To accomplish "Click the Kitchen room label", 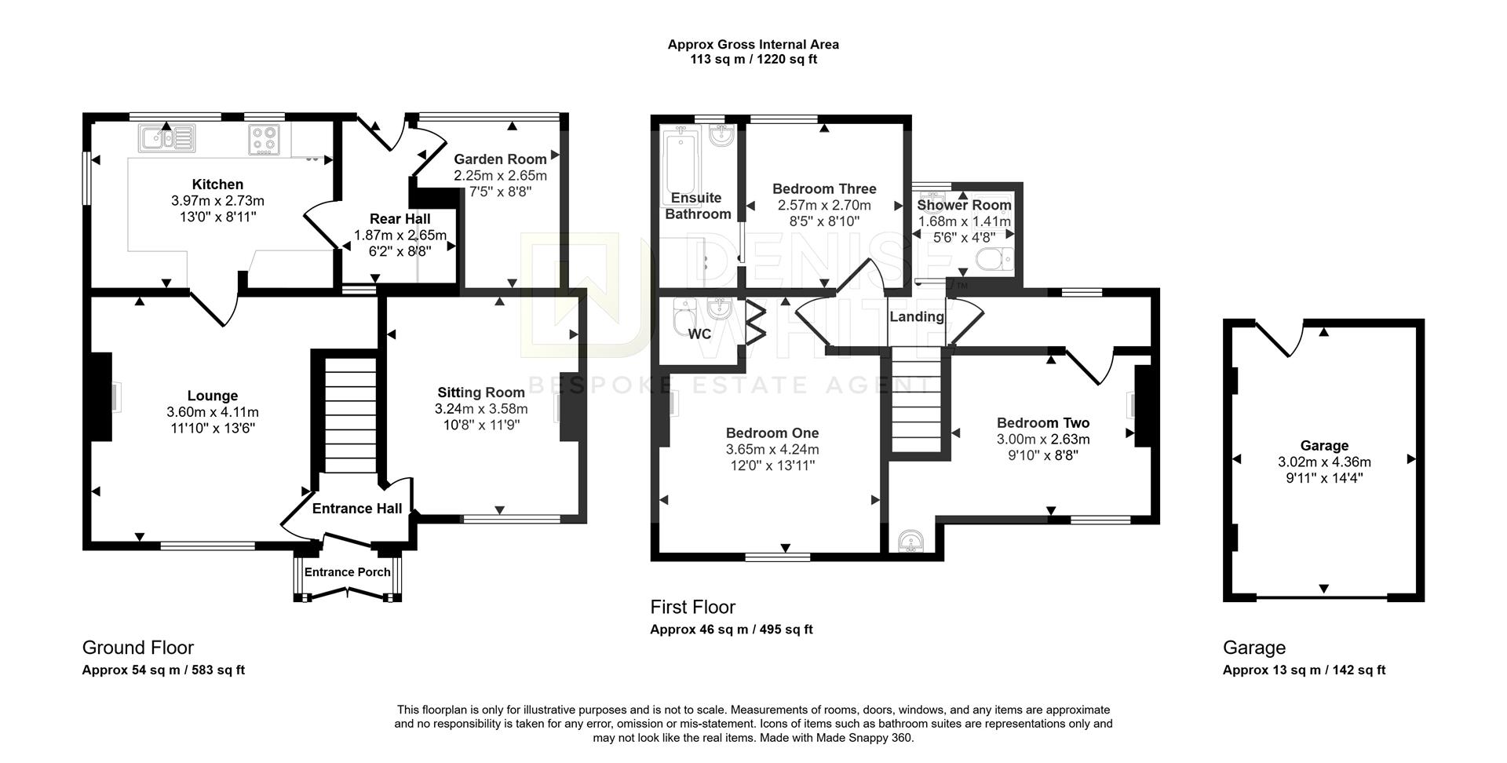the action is pyautogui.click(x=217, y=184).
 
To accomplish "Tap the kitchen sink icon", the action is pyautogui.click(x=168, y=139).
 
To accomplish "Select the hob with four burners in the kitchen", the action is pyautogui.click(x=263, y=140).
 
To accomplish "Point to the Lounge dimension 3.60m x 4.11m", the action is pyautogui.click(x=213, y=412).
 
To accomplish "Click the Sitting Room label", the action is pyautogui.click(x=481, y=392).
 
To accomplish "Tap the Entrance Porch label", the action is pyautogui.click(x=348, y=572).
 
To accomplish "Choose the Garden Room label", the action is pyautogui.click(x=500, y=159).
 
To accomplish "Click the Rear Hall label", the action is pyautogui.click(x=400, y=219).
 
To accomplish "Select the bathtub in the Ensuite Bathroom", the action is pyautogui.click(x=681, y=160).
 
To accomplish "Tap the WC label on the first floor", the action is pyautogui.click(x=699, y=334).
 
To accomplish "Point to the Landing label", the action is pyautogui.click(x=917, y=317).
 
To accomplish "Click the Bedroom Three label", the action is pyautogui.click(x=824, y=189).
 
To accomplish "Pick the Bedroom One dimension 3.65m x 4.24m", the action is pyautogui.click(x=772, y=450).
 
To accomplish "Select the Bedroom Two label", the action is pyautogui.click(x=1043, y=423).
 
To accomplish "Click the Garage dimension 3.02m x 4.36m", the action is pyautogui.click(x=1324, y=462).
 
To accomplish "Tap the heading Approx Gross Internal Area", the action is pyautogui.click(x=753, y=45).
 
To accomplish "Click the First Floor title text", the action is pyautogui.click(x=693, y=607).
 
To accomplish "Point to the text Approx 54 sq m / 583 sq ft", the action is pyautogui.click(x=163, y=670).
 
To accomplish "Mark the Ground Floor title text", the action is pyautogui.click(x=138, y=648).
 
